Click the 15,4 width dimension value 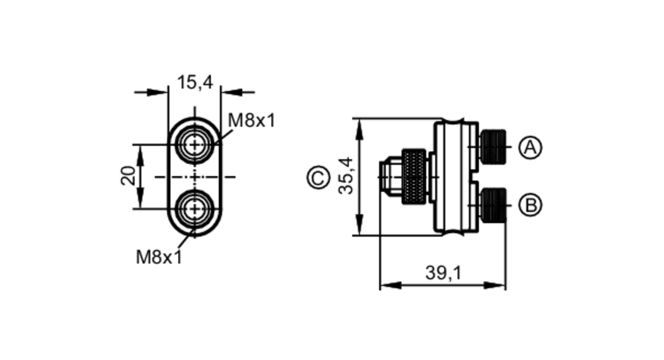point(195,82)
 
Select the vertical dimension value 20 point(128,176)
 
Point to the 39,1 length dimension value point(443,273)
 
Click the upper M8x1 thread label point(251,120)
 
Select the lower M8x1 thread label point(159,257)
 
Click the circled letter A point(530,147)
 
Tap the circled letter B point(530,205)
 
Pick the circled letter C point(318,177)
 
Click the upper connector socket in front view point(195,145)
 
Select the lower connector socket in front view point(195,209)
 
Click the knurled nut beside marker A point(493,147)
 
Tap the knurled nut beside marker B point(493,205)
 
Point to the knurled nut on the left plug point(414,177)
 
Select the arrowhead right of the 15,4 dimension point(232,92)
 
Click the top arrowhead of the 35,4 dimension point(359,130)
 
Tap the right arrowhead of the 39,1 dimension point(495,285)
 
